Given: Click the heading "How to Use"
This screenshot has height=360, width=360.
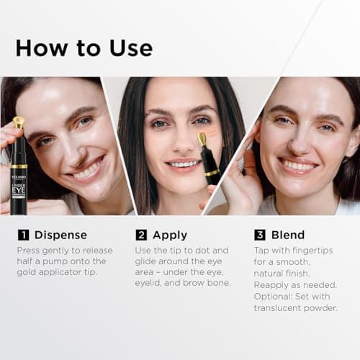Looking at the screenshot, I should pyautogui.click(x=84, y=48).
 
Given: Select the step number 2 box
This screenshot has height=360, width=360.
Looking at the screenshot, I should pyautogui.click(x=141, y=235).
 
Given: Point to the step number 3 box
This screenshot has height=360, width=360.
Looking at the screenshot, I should pyautogui.click(x=260, y=235).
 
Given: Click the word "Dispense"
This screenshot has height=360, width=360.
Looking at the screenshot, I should pyautogui.click(x=61, y=235).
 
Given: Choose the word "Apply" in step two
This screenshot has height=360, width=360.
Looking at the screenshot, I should pyautogui.click(x=170, y=235).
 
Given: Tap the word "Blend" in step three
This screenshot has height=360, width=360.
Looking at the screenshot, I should pyautogui.click(x=288, y=235).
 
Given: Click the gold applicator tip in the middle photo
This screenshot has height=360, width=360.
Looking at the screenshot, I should pyautogui.click(x=201, y=138).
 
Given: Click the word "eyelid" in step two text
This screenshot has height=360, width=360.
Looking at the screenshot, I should pyautogui.click(x=151, y=283).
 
